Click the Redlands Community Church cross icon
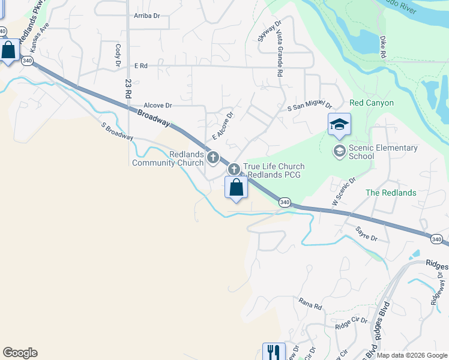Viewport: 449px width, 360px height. (x=212, y=158)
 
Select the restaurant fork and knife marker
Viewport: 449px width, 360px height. (x=274, y=351)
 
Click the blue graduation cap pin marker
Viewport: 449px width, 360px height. (x=339, y=125)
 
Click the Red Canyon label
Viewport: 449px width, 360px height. (x=371, y=103)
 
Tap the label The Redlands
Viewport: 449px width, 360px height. (x=391, y=193)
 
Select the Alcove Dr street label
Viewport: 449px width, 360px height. (x=154, y=105)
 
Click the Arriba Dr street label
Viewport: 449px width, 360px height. (x=148, y=16)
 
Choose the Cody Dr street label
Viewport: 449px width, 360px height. (x=118, y=54)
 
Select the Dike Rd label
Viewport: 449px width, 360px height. (x=382, y=47)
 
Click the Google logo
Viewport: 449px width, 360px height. (x=20, y=353)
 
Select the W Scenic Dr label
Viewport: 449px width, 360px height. (x=344, y=190)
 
